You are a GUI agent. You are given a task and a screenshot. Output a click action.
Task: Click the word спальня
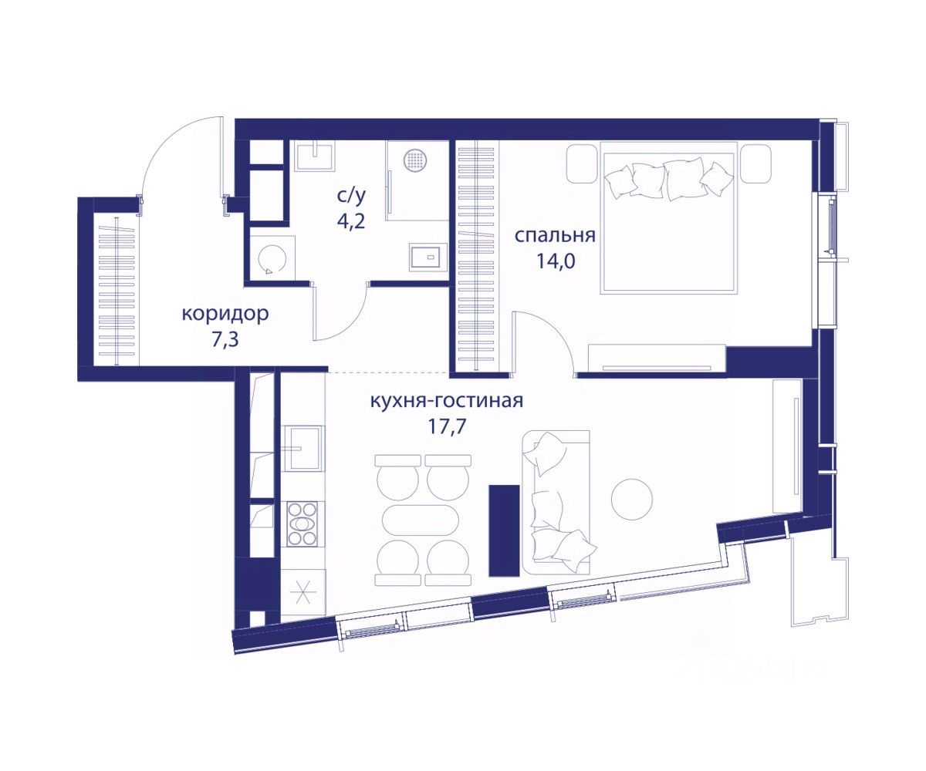pos(554,236)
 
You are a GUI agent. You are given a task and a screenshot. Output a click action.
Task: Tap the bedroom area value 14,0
pos(556,262)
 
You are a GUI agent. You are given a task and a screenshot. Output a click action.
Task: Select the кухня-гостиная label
pos(447,401)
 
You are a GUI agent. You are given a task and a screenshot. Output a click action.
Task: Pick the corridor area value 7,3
pos(225,340)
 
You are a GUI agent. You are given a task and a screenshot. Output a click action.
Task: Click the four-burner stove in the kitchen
pos(302,524)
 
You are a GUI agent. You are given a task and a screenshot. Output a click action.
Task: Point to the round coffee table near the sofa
pos(631,499)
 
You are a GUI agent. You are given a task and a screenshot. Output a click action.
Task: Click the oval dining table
pos(420,521)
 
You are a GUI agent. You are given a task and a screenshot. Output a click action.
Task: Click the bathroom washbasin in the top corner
pos(315,156)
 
